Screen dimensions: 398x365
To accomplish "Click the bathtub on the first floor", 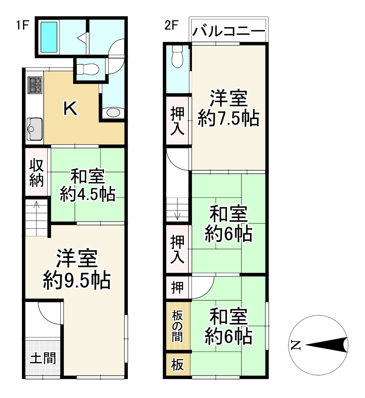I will (x=49, y=37).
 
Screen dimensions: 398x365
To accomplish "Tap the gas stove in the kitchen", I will (x=35, y=85).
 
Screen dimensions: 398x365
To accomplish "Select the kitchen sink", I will (x=34, y=129).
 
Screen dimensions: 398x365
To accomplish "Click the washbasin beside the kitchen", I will (x=113, y=112).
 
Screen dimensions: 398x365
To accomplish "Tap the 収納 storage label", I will (x=36, y=173).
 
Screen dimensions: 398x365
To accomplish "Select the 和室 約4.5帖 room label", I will (x=87, y=186).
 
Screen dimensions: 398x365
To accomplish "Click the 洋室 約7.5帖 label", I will (x=228, y=109).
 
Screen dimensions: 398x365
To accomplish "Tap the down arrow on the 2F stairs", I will (x=178, y=215).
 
